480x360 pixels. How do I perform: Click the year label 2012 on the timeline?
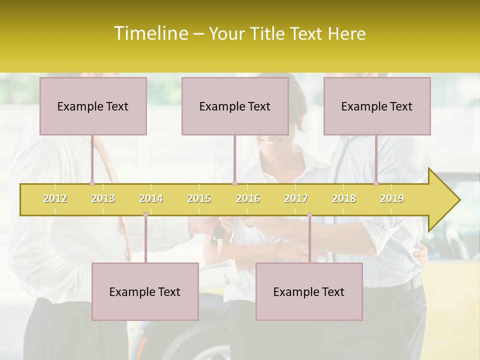tap(55, 198)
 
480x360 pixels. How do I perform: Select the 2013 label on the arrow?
tap(103, 198)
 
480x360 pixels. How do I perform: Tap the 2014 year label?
tap(151, 198)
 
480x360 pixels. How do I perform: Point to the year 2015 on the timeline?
tap(199, 198)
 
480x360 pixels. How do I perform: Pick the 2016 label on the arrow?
tap(248, 198)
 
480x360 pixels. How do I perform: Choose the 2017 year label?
tap(296, 198)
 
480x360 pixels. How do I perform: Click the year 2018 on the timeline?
tap(344, 198)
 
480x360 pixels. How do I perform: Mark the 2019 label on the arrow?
tap(392, 198)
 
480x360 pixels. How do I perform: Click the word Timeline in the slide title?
tap(150, 33)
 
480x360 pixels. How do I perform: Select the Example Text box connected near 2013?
tap(93, 106)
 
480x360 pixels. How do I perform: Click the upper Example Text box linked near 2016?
tap(235, 106)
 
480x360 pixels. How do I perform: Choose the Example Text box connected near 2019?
tap(377, 106)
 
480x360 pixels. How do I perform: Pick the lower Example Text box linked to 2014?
tap(145, 291)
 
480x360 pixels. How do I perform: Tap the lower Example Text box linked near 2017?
tap(309, 291)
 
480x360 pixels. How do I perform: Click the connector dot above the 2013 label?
tap(92, 183)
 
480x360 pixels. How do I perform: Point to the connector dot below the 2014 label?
tap(145, 214)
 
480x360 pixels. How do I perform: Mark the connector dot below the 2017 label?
tap(309, 214)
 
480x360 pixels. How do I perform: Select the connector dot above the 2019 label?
tap(376, 183)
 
